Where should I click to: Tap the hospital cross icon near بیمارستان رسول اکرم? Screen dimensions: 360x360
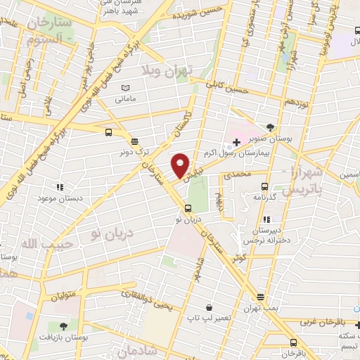236,143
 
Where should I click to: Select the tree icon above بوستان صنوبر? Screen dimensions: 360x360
270,129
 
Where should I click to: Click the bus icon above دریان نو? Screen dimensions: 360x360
188,208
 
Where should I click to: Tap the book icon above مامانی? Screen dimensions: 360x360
125,88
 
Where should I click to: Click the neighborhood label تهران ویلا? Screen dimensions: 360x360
164,71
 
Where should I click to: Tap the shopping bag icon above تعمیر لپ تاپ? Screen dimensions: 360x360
210,307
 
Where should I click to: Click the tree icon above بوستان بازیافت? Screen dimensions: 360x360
64,326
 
